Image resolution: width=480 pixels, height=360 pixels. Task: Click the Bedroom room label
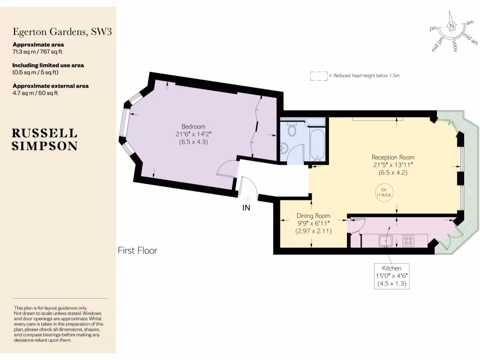click(194, 127)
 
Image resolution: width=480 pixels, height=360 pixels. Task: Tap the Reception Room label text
click(393, 157)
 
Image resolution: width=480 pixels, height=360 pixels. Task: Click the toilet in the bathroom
click(292, 130)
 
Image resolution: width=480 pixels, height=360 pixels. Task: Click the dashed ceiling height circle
click(384, 192)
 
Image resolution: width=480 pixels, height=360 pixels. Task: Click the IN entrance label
click(246, 208)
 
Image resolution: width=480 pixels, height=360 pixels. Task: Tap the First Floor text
click(137, 251)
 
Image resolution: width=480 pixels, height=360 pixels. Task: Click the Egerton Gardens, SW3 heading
click(62, 32)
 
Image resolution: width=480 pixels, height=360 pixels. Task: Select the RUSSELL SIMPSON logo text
click(45, 139)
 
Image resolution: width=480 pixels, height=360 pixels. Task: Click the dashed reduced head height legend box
click(318, 75)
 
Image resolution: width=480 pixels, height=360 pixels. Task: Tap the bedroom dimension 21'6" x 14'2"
click(193, 135)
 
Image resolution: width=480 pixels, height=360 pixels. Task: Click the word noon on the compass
click(454, 45)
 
